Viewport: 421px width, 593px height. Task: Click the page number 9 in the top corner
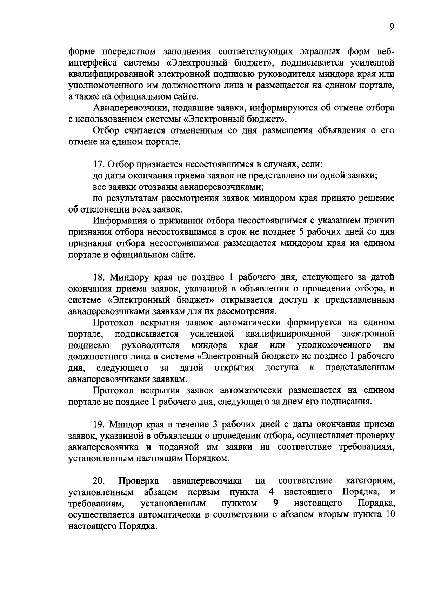click(392, 28)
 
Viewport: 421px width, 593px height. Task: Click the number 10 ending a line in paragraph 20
click(390, 514)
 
